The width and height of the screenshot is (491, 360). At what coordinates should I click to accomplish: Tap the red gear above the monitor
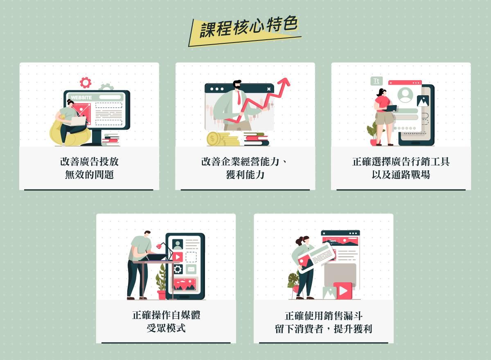(x=86, y=83)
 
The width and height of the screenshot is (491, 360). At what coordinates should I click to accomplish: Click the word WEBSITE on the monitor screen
(x=81, y=97)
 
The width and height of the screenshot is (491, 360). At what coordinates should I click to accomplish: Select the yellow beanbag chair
(x=70, y=134)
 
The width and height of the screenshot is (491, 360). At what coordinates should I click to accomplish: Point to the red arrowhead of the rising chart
(x=285, y=82)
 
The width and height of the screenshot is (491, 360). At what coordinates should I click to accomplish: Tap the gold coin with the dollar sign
(x=213, y=139)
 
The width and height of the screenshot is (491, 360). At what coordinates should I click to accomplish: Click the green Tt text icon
(x=376, y=81)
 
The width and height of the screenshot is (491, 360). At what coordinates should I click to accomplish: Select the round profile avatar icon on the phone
(x=405, y=95)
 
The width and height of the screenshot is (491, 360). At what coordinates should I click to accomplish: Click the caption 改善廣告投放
(x=89, y=162)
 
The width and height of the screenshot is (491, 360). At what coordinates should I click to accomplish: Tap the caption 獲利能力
(x=245, y=175)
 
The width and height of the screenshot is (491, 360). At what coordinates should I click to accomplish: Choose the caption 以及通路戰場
(x=401, y=175)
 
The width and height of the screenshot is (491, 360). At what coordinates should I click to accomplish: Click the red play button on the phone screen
(x=177, y=257)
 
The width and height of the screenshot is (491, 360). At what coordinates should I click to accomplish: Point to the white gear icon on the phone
(x=178, y=269)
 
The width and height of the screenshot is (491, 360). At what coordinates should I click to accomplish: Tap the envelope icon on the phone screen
(x=191, y=269)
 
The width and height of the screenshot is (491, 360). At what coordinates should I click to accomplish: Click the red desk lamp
(x=160, y=245)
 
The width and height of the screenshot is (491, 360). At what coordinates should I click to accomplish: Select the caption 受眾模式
(x=166, y=328)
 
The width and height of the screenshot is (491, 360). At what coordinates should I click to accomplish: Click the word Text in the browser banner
(x=332, y=241)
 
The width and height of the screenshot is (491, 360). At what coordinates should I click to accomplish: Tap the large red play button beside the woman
(x=343, y=291)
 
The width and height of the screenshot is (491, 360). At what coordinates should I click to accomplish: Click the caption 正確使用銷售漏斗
(x=324, y=316)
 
